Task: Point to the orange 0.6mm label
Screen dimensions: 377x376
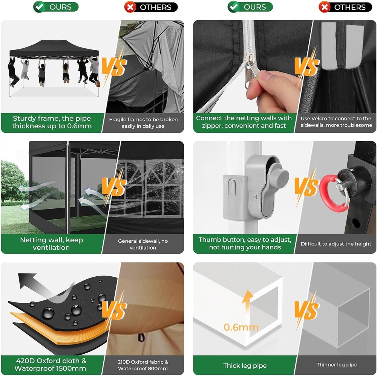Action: click(x=241, y=327)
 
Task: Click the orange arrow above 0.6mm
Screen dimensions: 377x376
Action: click(x=247, y=301)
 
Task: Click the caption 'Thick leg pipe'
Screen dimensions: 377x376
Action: click(x=245, y=366)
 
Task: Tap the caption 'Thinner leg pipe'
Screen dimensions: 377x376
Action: click(x=337, y=365)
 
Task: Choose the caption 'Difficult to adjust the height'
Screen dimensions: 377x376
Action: click(x=336, y=244)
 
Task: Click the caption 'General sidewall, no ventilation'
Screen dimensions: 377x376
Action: click(x=143, y=244)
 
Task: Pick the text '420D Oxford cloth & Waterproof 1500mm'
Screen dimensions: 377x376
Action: click(x=50, y=364)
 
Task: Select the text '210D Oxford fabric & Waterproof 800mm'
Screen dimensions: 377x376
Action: click(x=143, y=365)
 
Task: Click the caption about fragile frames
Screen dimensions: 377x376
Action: click(x=143, y=123)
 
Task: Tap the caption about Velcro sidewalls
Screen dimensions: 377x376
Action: click(x=336, y=122)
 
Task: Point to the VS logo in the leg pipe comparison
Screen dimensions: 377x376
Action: click(x=307, y=310)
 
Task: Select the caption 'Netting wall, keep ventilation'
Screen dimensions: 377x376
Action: click(x=51, y=243)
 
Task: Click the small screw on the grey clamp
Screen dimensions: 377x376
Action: click(x=255, y=197)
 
